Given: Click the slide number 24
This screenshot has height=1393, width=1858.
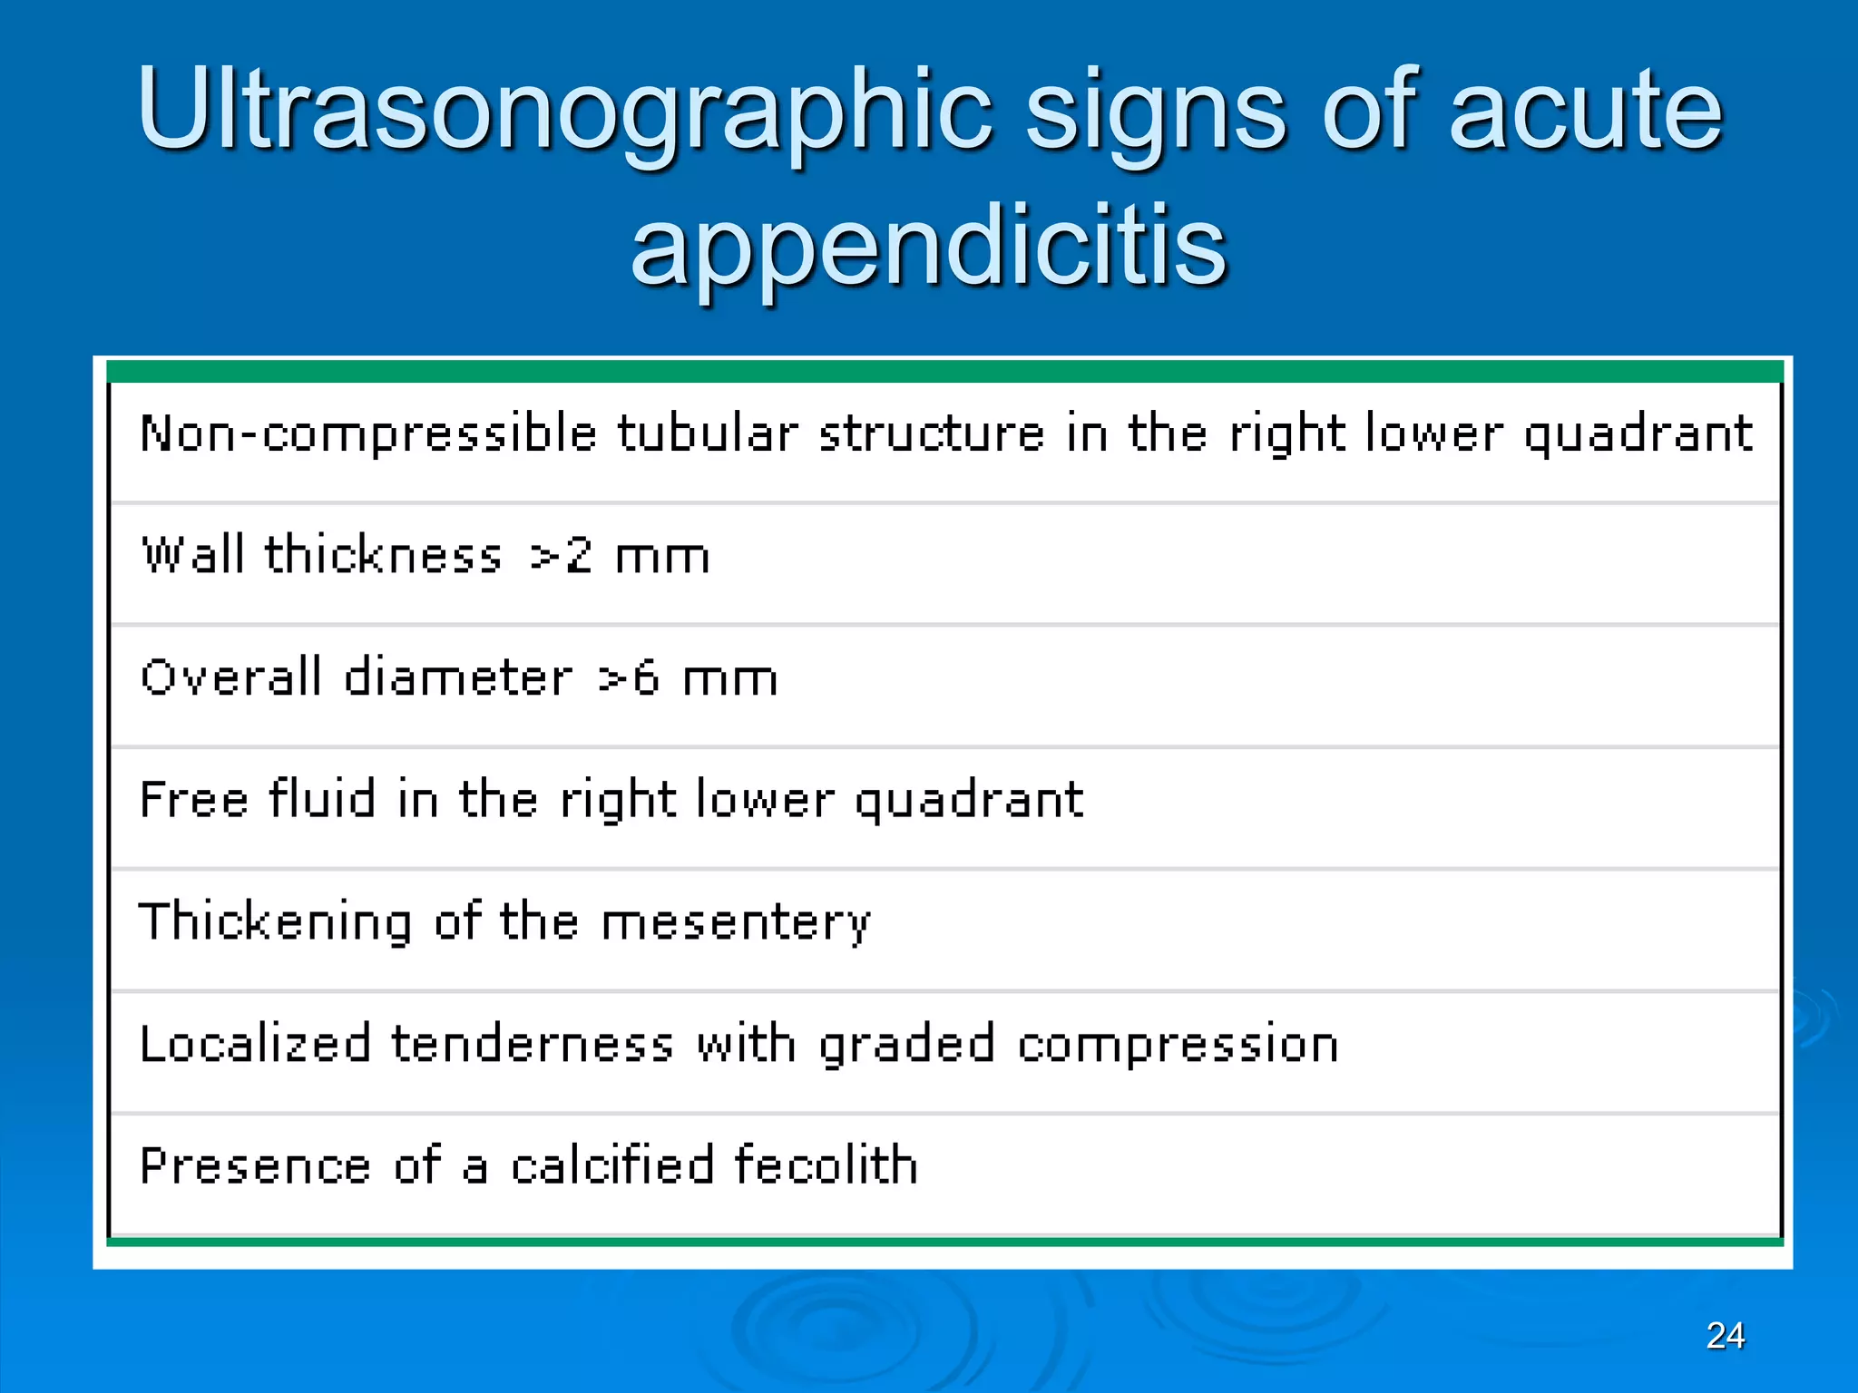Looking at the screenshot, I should [x=1725, y=1335].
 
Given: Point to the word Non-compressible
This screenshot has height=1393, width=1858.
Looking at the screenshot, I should [x=368, y=433].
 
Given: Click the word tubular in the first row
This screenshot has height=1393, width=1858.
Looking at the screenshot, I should [x=708, y=433].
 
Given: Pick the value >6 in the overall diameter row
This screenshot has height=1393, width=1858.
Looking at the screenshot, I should [x=629, y=677].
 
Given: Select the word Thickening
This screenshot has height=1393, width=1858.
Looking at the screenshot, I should [x=275, y=922].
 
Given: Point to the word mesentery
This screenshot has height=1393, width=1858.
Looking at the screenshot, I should [x=735, y=924].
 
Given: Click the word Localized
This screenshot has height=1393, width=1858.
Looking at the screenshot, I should [x=255, y=1044].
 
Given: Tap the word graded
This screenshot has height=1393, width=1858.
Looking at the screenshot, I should [x=906, y=1046].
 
